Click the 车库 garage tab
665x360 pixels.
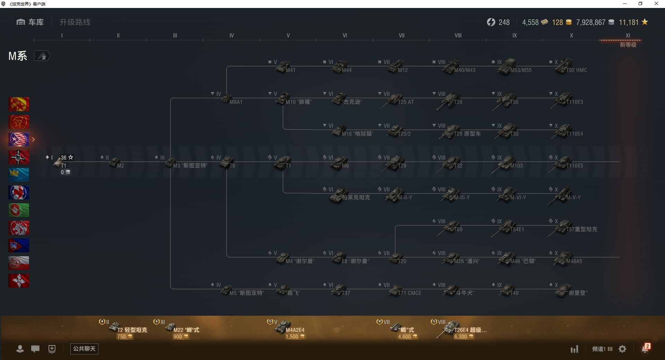pos(30,22)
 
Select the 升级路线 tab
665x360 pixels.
pos(75,22)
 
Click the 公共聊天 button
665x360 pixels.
pos(84,349)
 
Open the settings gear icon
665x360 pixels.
pos(622,349)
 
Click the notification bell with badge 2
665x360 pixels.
pos(645,349)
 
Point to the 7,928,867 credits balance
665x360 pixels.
pos(591,22)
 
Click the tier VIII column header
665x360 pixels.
pos(458,35)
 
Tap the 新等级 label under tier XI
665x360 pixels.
pos(628,45)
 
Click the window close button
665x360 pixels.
pos(656,4)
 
